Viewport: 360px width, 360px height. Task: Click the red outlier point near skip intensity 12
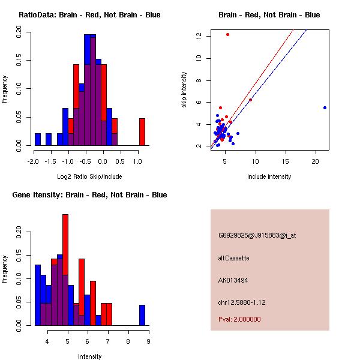tap(227, 34)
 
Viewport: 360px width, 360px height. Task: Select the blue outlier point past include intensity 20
tap(325, 107)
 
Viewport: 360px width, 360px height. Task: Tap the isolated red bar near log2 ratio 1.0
tap(142, 132)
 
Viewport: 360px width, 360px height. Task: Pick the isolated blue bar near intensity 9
tap(142, 315)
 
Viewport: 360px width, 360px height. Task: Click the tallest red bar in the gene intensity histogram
tap(65, 270)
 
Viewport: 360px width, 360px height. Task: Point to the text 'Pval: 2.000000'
tap(239, 319)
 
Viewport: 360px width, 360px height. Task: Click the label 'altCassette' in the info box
tap(233, 258)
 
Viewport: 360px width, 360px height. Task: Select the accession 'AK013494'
tap(233, 280)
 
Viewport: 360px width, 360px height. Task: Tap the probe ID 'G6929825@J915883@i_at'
tap(257, 236)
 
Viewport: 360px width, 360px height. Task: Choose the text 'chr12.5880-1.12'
tap(242, 302)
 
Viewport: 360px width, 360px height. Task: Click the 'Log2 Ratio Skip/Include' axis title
tap(89, 176)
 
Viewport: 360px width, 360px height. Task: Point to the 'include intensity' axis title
tap(269, 176)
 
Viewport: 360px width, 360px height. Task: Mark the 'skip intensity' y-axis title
tap(184, 90)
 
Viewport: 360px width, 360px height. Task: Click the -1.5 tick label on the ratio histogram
tap(50, 161)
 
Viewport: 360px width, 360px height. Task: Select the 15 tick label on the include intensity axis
tap(286, 161)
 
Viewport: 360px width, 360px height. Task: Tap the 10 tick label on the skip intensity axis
tap(199, 58)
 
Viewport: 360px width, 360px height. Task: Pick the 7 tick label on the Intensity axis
tap(107, 341)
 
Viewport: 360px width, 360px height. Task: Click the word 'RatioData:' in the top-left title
tap(38, 15)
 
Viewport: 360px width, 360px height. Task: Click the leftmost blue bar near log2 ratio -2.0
tap(38, 139)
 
